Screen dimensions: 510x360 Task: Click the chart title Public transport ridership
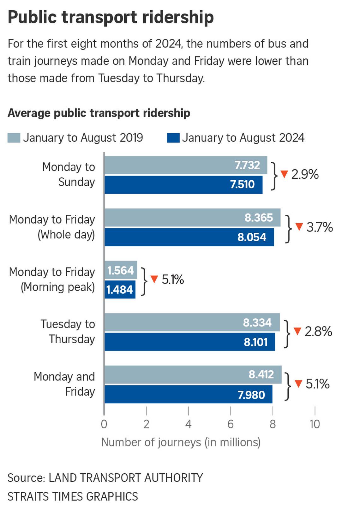click(x=111, y=17)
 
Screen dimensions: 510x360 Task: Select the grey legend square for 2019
click(x=14, y=138)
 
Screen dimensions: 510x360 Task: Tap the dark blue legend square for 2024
click(x=173, y=138)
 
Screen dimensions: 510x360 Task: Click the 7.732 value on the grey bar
click(x=247, y=165)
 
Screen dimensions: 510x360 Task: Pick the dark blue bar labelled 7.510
click(x=183, y=185)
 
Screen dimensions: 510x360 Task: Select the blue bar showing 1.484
click(x=120, y=290)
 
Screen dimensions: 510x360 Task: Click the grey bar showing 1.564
click(x=121, y=270)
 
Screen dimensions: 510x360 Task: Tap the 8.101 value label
click(x=255, y=342)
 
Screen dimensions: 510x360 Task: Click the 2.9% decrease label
click(x=305, y=174)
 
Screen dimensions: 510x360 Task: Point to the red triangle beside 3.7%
click(x=299, y=226)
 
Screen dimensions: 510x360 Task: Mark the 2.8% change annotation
click(x=318, y=331)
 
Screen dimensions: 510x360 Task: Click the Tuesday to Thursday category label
click(x=68, y=332)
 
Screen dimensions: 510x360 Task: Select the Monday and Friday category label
click(x=64, y=384)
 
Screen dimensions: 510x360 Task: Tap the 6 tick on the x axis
click(x=231, y=424)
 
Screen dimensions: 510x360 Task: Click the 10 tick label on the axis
click(x=315, y=424)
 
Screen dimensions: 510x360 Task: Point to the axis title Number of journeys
click(x=181, y=442)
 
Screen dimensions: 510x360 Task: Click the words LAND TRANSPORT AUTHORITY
click(x=126, y=478)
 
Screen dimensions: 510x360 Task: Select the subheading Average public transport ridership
click(x=99, y=113)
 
